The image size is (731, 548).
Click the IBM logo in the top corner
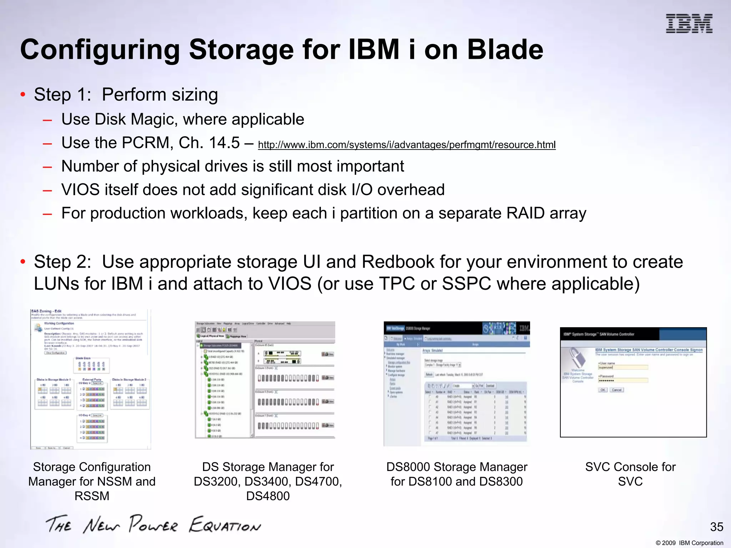click(x=689, y=24)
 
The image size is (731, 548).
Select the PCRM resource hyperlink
click(x=407, y=145)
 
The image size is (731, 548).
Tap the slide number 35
click(x=716, y=527)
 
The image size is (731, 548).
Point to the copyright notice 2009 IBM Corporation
click(x=689, y=543)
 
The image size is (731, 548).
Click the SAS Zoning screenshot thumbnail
click(x=91, y=379)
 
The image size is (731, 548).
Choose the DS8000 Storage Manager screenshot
click(x=457, y=384)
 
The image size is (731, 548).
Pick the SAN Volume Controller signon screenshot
click(x=633, y=382)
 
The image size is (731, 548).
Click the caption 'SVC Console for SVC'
click(x=630, y=474)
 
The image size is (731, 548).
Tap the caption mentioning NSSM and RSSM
click(x=92, y=481)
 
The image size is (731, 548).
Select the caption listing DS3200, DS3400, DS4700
click(x=268, y=481)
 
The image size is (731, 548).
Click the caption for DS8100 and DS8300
click(x=457, y=474)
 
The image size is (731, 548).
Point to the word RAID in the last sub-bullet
click(x=525, y=213)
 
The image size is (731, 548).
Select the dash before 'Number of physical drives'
click(x=47, y=167)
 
